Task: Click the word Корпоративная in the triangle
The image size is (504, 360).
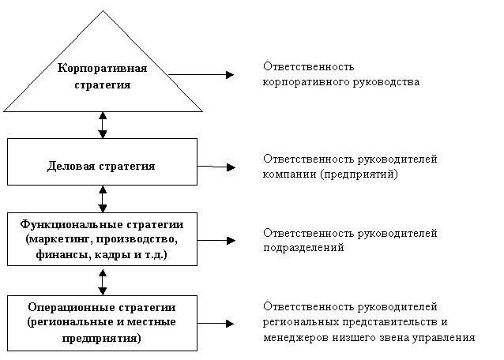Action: point(102,68)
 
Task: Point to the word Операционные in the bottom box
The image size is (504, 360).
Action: point(72,307)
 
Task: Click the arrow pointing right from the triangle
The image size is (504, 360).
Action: point(201,75)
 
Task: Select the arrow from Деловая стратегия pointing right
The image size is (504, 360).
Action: point(216,167)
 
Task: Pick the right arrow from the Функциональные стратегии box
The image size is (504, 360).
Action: point(216,240)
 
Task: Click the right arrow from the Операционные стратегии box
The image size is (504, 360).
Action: point(216,324)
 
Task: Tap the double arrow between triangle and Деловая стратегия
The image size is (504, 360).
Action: point(103,126)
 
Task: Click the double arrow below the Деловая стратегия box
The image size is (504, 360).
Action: point(103,199)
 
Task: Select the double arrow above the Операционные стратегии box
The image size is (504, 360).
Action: point(103,283)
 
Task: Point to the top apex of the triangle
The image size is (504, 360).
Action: point(103,10)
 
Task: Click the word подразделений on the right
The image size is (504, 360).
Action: point(304,248)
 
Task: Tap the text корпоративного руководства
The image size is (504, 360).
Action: point(341,82)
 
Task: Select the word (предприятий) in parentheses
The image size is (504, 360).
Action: point(359,174)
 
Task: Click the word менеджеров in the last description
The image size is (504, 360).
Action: point(296,338)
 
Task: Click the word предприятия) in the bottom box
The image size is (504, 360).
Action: point(102,339)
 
